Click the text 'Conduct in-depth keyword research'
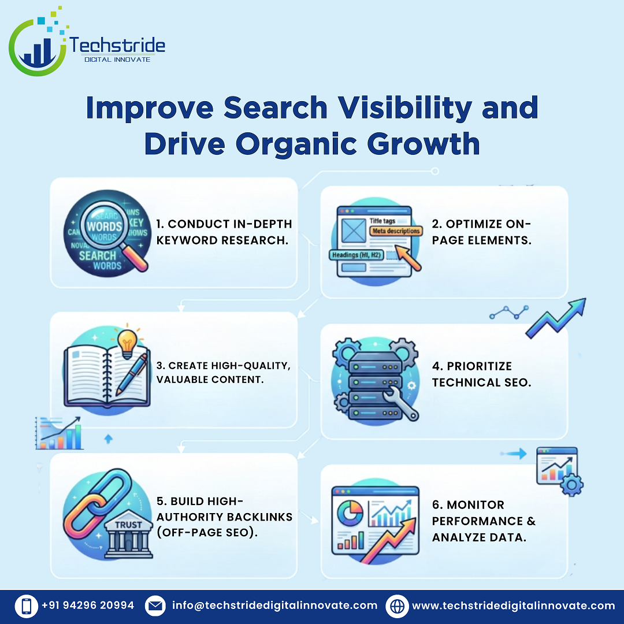pos(224,232)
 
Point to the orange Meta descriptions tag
pos(395,231)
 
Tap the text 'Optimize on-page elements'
pos(481,232)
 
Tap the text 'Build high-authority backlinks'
pos(223,517)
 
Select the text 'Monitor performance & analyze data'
pos(484,521)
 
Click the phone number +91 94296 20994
pos(88,606)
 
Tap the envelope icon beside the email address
pos(154,606)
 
